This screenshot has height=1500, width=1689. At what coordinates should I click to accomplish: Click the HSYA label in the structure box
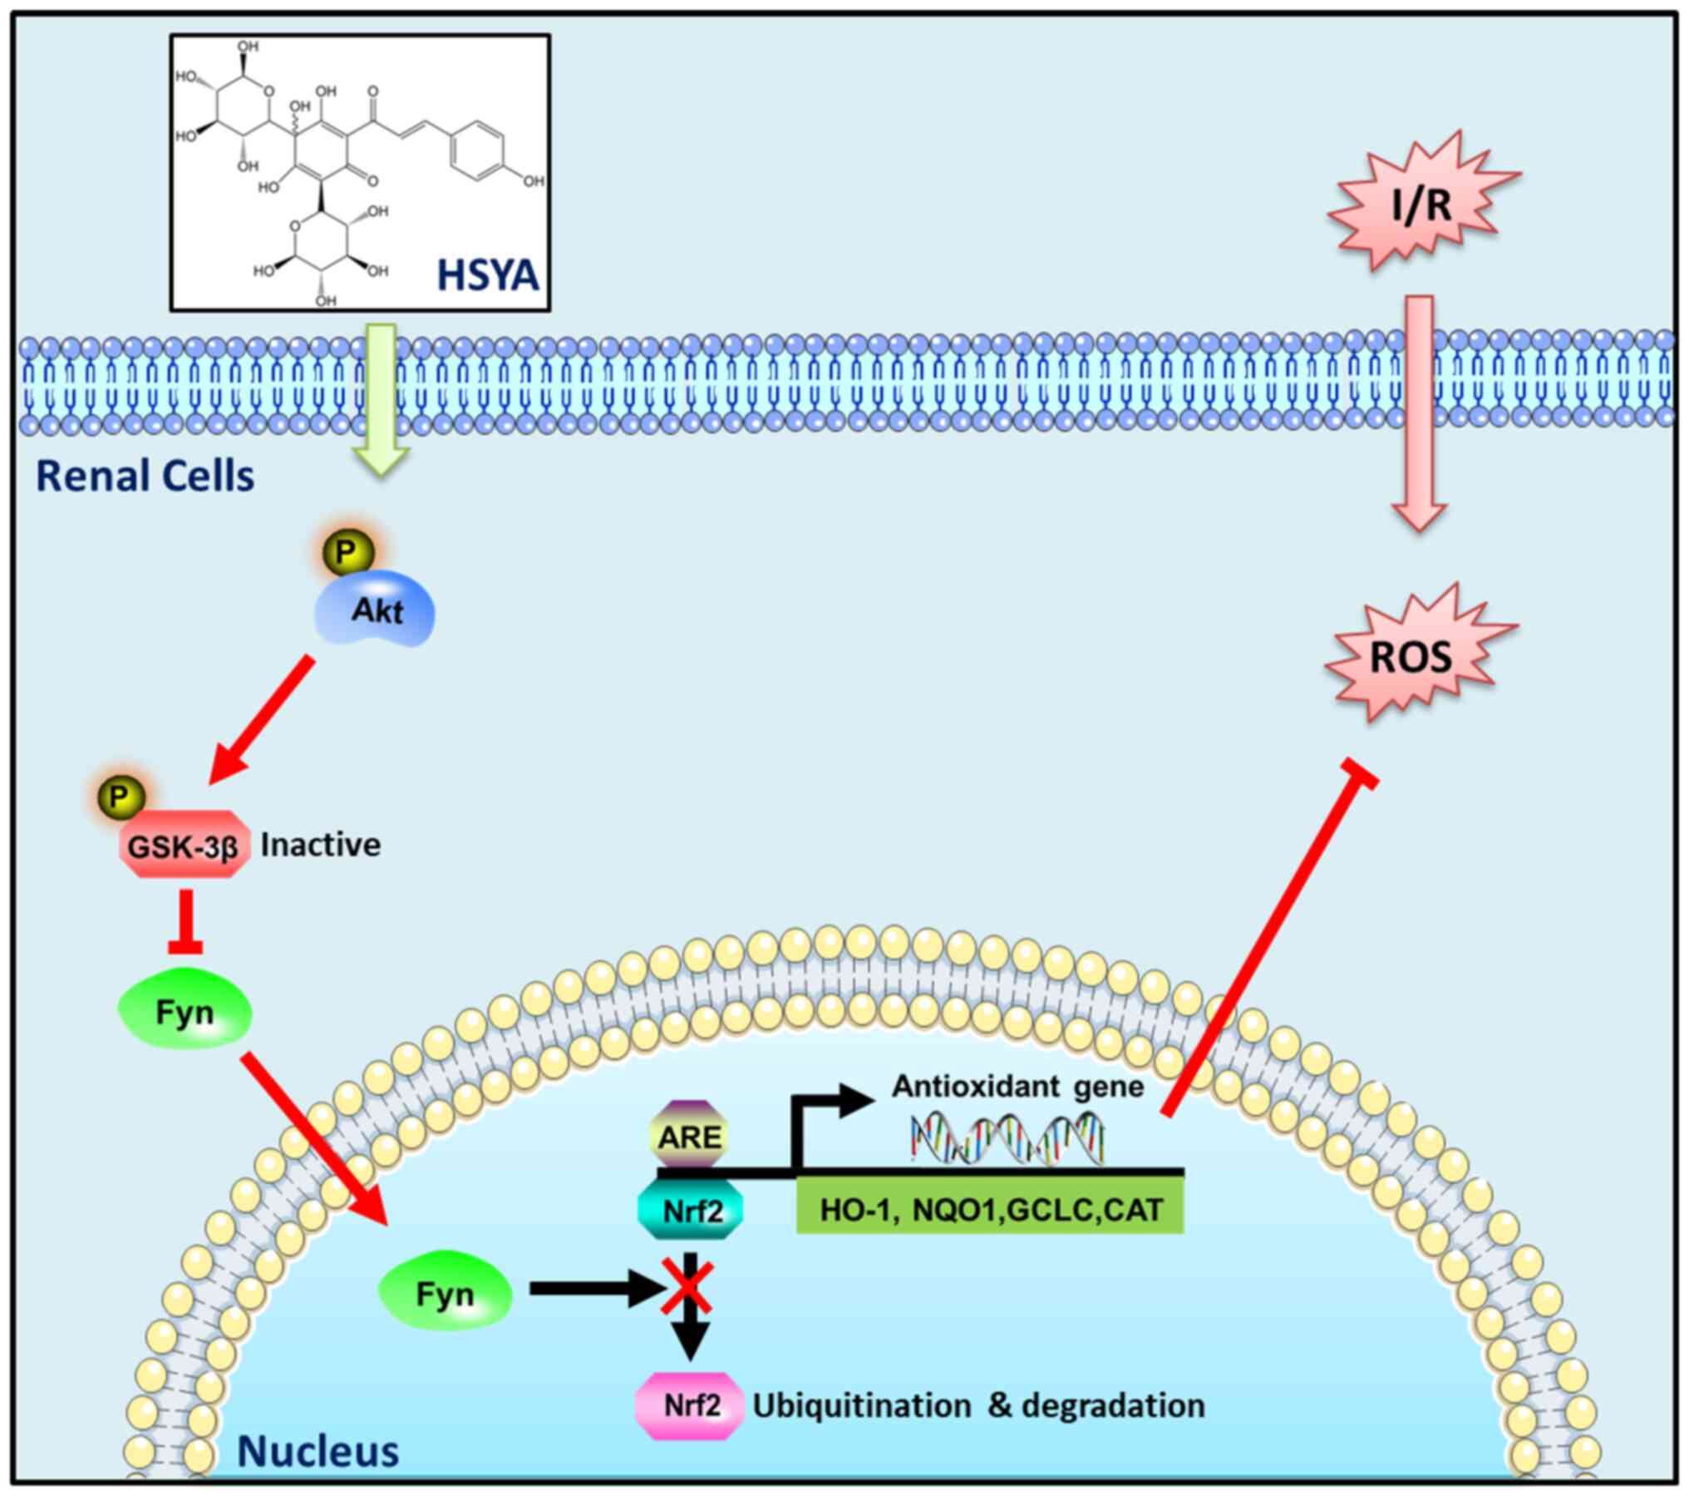[x=488, y=275]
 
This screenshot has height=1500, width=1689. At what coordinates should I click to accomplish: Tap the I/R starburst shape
[x=1422, y=204]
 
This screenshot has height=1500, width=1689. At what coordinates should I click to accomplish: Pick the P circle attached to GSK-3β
[x=119, y=797]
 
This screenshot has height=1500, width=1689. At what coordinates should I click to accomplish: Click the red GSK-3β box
[x=184, y=845]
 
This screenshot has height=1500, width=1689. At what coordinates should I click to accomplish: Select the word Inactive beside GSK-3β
[x=321, y=845]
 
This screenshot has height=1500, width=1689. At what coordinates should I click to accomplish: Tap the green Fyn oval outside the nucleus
[x=185, y=1012]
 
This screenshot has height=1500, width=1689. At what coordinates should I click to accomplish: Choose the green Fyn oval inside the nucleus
[x=445, y=1295]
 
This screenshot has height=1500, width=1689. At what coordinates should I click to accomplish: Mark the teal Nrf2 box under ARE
[x=691, y=1211]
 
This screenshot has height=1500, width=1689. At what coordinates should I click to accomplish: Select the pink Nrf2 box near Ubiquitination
[x=690, y=1406]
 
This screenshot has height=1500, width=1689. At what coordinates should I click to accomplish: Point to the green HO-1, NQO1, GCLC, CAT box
[x=990, y=1210]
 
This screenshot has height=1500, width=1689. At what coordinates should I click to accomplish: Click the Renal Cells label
[x=145, y=476]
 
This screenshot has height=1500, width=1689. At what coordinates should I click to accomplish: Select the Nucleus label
[x=318, y=1451]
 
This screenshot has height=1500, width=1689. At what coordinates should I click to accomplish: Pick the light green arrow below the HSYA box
[x=381, y=399]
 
